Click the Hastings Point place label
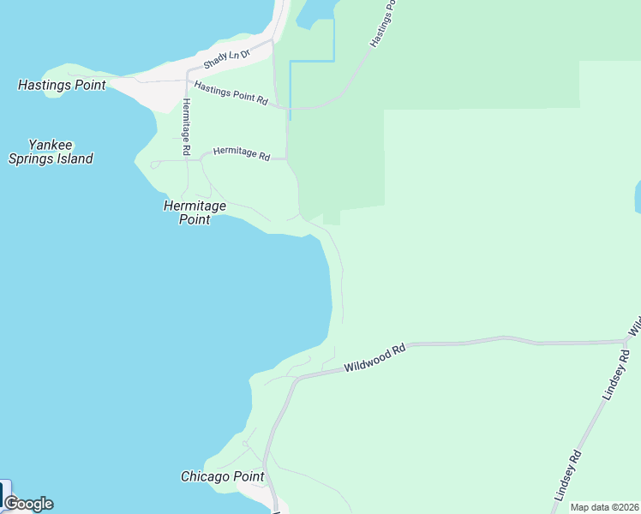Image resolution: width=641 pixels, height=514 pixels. coord(62,86)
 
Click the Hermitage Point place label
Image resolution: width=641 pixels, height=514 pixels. coord(195,212)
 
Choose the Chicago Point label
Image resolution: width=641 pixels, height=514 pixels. coord(223,476)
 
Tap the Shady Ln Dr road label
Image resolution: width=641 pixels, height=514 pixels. coord(226,59)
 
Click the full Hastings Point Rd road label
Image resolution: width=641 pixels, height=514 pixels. coord(231,93)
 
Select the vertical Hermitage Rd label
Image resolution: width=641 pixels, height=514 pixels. coord(186,127)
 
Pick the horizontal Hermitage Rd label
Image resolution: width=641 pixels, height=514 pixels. coord(242,153)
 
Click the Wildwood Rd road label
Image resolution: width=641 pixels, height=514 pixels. coord(374,359)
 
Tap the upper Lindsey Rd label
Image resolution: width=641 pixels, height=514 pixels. coord(617,374)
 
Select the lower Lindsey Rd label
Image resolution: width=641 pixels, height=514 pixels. coord(567,476)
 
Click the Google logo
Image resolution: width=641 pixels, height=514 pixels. coord(28,504)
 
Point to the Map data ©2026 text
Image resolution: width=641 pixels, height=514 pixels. coord(604,507)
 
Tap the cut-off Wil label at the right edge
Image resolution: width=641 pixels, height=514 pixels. coord(635,326)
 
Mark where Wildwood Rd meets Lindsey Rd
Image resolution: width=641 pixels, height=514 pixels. coord(626,342)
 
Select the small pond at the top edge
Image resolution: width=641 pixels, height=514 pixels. coord(314,10)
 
